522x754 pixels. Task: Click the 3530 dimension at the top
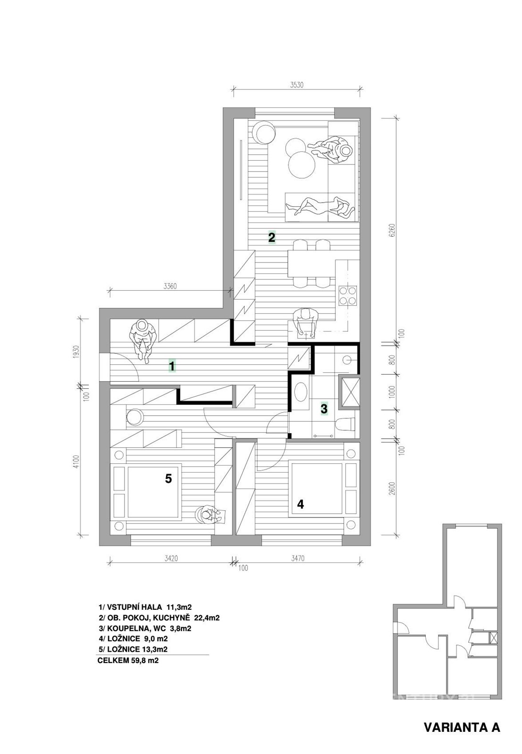[296, 84]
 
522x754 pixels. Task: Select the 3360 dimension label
[170, 286]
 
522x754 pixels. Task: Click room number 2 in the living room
[272, 238]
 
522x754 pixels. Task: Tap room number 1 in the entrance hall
[172, 366]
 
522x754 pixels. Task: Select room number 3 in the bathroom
[323, 409]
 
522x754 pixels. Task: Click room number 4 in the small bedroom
[300, 504]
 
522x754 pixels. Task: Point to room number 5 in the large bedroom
[168, 478]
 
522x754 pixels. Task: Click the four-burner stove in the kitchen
[348, 295]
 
